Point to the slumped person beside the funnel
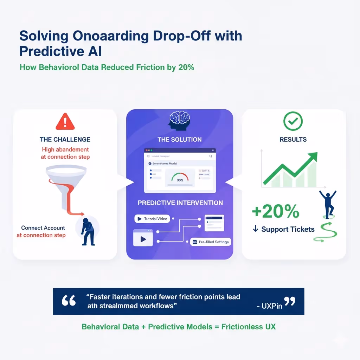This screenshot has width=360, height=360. pos(87,231)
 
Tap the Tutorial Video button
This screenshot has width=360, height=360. pos(152,219)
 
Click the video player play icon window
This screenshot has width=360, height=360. pos(143,238)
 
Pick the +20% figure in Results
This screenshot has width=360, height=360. pos(276,211)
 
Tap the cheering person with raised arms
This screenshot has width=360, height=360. pos(328,203)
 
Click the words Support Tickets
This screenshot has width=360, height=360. pos(288,229)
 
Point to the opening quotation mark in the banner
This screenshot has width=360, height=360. pos(69,301)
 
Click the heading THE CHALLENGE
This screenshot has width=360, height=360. pos(65,139)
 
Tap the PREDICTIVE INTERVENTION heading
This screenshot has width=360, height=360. pos(180,203)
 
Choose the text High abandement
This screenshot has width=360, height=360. pos(65,149)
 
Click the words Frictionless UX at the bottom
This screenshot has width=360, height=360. pos(248,327)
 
